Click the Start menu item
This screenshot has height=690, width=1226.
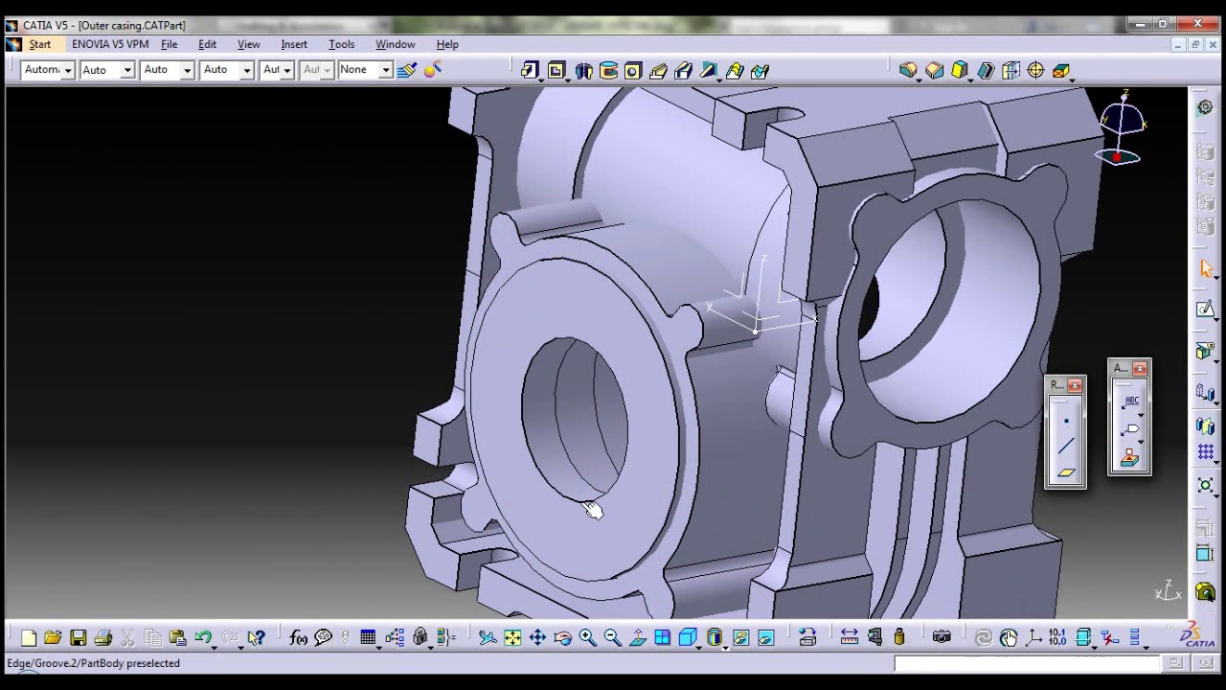pyautogui.click(x=39, y=44)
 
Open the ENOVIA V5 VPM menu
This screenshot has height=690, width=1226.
pyautogui.click(x=110, y=44)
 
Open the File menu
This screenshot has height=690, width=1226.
pyautogui.click(x=169, y=44)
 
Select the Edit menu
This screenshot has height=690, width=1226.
pyautogui.click(x=207, y=44)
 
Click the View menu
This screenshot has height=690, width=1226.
pyautogui.click(x=248, y=44)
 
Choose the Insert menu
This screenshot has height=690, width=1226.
pyautogui.click(x=294, y=44)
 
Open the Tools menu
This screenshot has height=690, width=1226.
pyautogui.click(x=341, y=44)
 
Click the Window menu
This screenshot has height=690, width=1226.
pyautogui.click(x=395, y=44)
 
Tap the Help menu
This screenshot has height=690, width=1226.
pyautogui.click(x=447, y=44)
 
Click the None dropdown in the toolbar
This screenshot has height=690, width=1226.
pyautogui.click(x=365, y=70)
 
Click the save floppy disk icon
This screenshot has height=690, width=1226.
pyautogui.click(x=79, y=638)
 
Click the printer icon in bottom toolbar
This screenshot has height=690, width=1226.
pyautogui.click(x=103, y=638)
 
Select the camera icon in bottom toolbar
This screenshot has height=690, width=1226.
pyautogui.click(x=942, y=637)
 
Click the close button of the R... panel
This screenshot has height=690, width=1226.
pyautogui.click(x=1075, y=385)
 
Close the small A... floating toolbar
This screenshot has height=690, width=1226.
pyautogui.click(x=1140, y=369)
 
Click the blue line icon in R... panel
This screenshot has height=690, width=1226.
pyautogui.click(x=1066, y=447)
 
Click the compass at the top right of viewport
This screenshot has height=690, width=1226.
pyautogui.click(x=1122, y=129)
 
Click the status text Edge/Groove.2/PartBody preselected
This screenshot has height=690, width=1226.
pyautogui.click(x=94, y=663)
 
